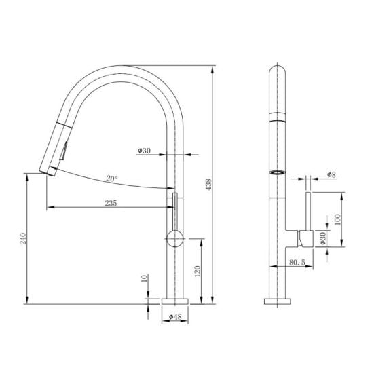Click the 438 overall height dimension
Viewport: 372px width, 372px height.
pos(208,185)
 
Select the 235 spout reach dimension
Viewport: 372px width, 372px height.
pos(111,203)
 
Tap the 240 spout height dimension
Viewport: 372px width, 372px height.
pos(23,239)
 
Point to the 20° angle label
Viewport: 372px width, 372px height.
pos(111,179)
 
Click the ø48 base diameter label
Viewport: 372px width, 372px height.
pos(175,317)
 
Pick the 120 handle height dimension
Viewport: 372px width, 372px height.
pos(197,272)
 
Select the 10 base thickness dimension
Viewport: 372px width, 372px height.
pos(144,278)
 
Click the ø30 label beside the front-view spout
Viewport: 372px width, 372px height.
pos(144,151)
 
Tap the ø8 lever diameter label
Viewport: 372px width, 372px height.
pos(331,174)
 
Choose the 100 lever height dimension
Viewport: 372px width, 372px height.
pos(337,219)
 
